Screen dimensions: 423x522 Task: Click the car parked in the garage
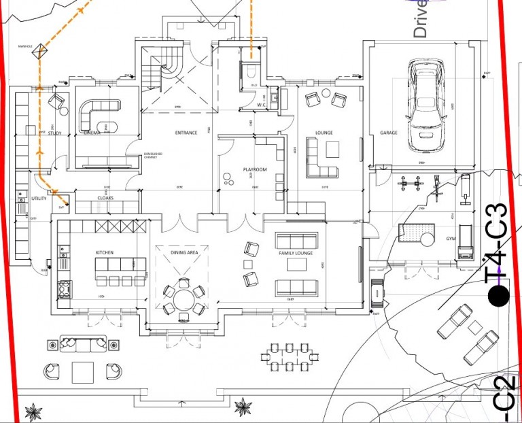point(426,106)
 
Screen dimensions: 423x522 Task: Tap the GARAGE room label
point(388,133)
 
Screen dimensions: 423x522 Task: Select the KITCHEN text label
point(104,252)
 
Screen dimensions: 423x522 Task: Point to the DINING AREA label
point(184,252)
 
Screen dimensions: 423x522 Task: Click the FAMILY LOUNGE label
point(296,253)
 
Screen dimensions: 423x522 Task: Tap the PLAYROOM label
point(255,169)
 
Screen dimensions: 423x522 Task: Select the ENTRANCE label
point(186,133)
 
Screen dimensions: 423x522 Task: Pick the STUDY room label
point(55,133)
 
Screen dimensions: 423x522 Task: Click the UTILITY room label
point(39,199)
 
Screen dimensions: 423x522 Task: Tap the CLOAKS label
point(105,198)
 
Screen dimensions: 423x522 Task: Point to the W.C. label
point(261,105)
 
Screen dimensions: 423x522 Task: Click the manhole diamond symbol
point(41,50)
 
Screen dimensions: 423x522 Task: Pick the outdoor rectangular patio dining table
point(290,357)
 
